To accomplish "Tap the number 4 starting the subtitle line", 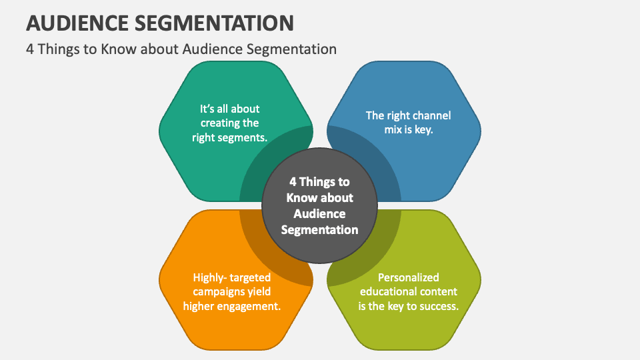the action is [x=30, y=49].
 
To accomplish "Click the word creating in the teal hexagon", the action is [x=220, y=123].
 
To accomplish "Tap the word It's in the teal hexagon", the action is [x=207, y=109].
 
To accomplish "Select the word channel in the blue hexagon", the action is [x=431, y=115].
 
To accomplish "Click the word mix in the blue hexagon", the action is [x=393, y=130].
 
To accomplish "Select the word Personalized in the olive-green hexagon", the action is [x=408, y=277].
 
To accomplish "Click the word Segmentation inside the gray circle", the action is [x=319, y=230].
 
